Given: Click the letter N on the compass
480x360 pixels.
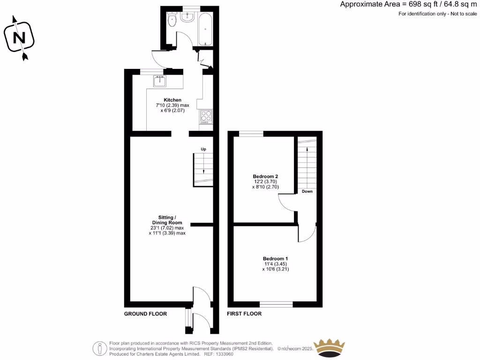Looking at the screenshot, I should [x=20, y=37].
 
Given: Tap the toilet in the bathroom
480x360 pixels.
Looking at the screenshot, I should [x=172, y=20].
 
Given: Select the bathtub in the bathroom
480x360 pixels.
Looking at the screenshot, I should [x=205, y=29].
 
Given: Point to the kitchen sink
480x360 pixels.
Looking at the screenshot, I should [x=160, y=82].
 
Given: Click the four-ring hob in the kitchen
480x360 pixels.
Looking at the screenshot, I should [x=206, y=115].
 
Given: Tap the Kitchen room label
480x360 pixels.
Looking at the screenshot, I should [x=172, y=100].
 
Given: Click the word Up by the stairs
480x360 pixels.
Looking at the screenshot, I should [x=203, y=149].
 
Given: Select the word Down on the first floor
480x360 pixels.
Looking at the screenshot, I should [x=307, y=191].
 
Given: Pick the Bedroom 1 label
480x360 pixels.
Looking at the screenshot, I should [x=275, y=259].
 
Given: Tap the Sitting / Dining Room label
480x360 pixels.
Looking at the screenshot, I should [x=167, y=220].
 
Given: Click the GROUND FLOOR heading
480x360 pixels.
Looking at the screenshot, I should [x=145, y=314].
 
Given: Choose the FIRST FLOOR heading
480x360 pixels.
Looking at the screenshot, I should [x=244, y=314].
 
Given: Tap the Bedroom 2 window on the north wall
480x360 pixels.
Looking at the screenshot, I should [x=251, y=134].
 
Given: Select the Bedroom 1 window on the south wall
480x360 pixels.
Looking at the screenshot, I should [x=277, y=304].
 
